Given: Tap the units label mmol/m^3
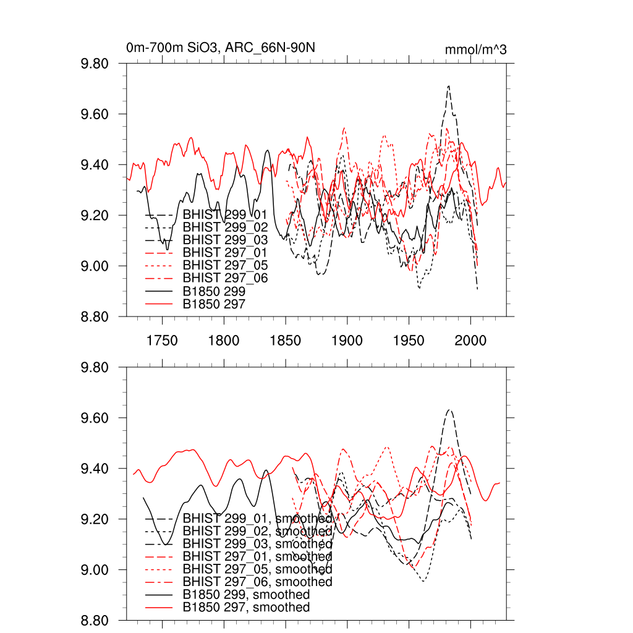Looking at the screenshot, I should [475, 50].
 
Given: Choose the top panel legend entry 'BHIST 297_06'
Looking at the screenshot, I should [226, 278].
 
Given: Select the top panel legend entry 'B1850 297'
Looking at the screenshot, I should [215, 304].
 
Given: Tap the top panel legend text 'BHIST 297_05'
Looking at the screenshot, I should [226, 265].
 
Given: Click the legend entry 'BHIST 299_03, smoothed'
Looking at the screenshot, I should [258, 544].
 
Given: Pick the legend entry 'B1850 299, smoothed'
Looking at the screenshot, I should [246, 595].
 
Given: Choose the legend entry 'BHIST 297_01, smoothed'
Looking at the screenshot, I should [258, 557].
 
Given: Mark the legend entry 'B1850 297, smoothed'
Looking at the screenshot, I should [246, 608].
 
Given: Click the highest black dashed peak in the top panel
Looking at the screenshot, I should [449, 86].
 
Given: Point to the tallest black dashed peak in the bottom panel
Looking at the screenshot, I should [449, 410].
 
